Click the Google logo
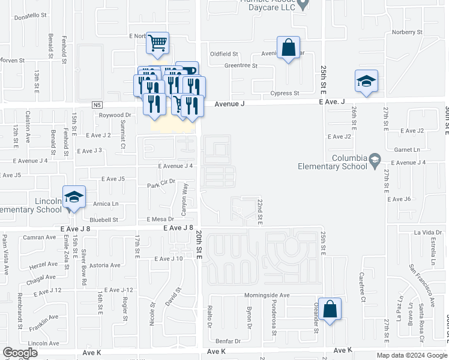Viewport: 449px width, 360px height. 20,353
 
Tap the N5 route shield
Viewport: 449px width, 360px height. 98,105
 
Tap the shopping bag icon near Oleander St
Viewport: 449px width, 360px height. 330,310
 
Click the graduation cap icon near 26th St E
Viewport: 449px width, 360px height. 366,82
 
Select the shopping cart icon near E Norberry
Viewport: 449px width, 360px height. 157,43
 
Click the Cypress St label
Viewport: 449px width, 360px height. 285,93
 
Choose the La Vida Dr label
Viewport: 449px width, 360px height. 427,232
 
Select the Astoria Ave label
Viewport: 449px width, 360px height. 104,265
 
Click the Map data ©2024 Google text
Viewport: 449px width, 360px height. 411,355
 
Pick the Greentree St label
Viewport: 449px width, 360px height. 241,65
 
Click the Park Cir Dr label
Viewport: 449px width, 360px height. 161,183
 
